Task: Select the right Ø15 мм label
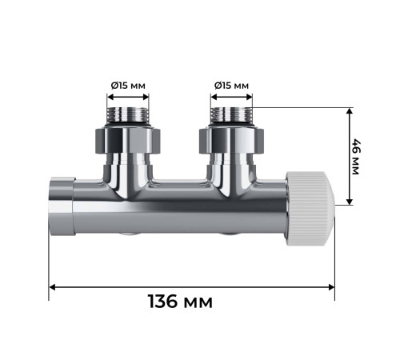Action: coord(231,86)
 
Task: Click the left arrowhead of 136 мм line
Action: coord(54,286)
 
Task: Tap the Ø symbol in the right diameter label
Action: coord(217,86)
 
